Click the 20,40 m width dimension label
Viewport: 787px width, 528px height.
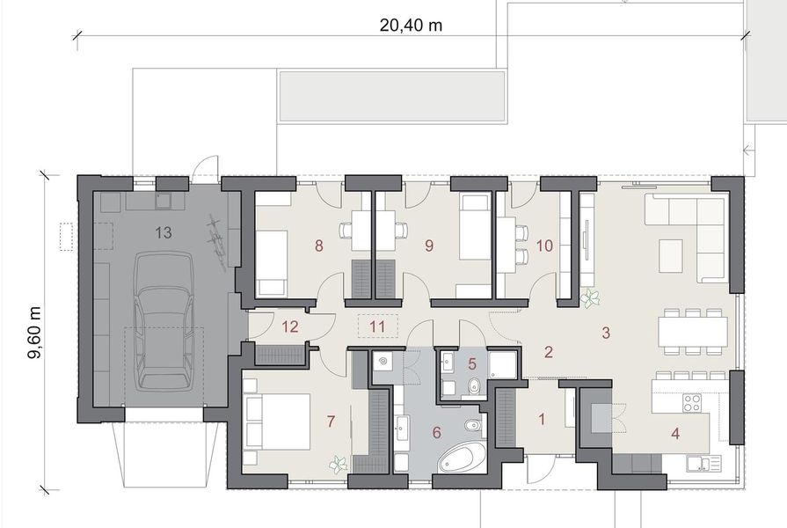pyautogui.click(x=411, y=25)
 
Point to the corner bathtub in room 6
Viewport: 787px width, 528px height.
pyautogui.click(x=462, y=457)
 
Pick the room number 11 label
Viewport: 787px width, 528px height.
pyautogui.click(x=378, y=326)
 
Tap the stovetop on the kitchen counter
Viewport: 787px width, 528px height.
pyautogui.click(x=692, y=403)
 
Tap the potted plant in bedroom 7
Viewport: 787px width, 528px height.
pyautogui.click(x=336, y=463)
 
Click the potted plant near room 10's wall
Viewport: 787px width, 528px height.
pyautogui.click(x=589, y=300)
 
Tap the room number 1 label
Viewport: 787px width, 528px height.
pyautogui.click(x=542, y=420)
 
